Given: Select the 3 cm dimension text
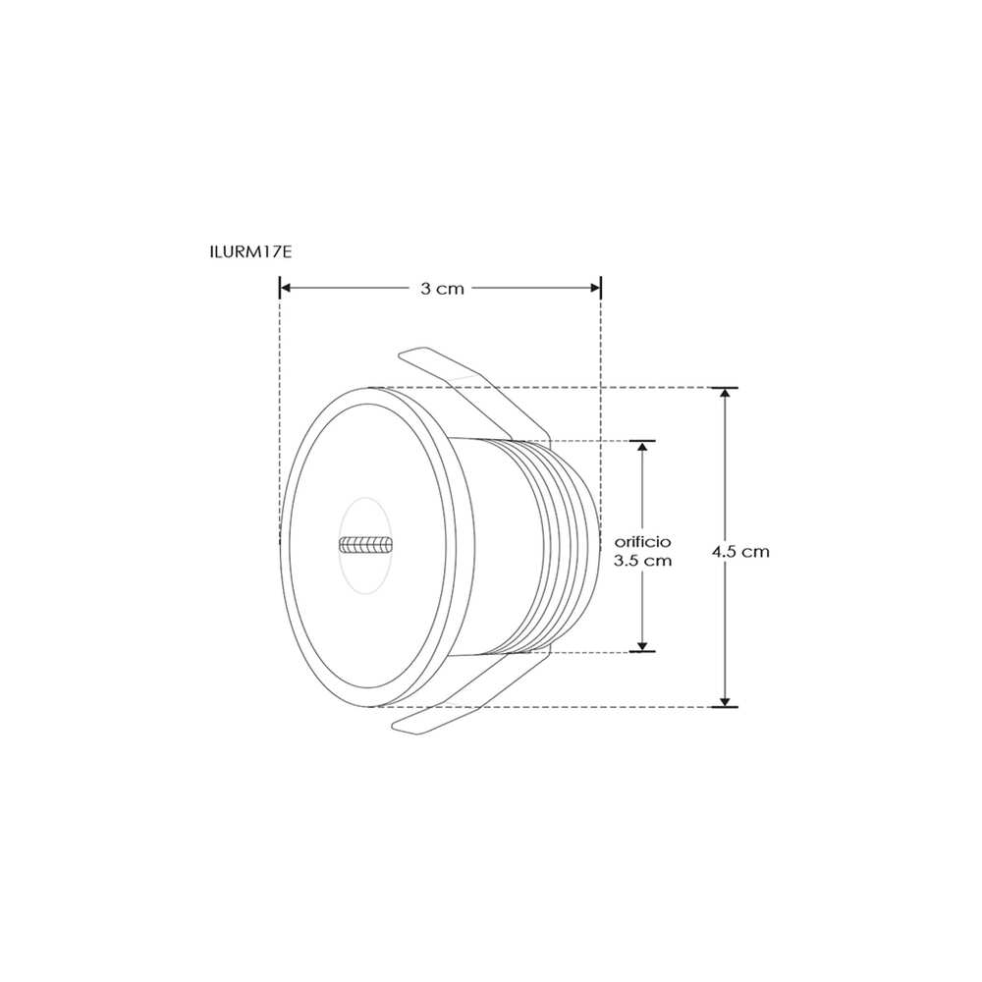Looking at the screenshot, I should pos(442,289).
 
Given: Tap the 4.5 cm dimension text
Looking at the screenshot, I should pos(741,552).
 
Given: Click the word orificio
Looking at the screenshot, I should pos(642,542).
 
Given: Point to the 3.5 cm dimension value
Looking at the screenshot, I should pos(642,561).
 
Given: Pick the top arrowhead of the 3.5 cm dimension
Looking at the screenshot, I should pos(642,447).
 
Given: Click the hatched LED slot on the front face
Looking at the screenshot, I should pos(365,544).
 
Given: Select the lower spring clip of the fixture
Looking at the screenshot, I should pos(462,702).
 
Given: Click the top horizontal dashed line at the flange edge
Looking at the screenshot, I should pos(648,388).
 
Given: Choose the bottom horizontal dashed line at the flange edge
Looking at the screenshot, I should pos(648,706).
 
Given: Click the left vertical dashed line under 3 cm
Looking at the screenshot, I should pos(280,393).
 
